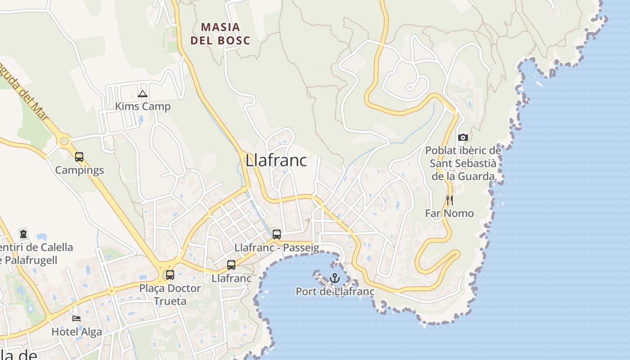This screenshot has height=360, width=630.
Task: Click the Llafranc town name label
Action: click(x=276, y=161)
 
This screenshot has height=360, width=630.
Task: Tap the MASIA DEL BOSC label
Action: click(x=220, y=34)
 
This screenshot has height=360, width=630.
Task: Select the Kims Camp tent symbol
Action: click(x=143, y=94)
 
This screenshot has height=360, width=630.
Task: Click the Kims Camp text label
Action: click(x=143, y=107)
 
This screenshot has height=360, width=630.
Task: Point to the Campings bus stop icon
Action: click(x=79, y=157)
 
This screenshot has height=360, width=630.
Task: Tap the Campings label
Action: click(x=79, y=170)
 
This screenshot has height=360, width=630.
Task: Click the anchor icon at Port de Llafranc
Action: click(x=334, y=278)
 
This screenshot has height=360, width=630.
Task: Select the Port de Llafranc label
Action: click(x=335, y=292)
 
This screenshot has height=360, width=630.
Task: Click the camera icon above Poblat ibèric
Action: click(x=463, y=137)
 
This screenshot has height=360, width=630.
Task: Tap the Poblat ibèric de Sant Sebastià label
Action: click(x=463, y=163)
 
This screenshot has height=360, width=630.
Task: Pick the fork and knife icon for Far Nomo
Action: click(x=449, y=200)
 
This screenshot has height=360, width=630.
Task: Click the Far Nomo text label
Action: click(x=449, y=213)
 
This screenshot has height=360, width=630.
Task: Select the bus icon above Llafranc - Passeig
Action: click(x=277, y=234)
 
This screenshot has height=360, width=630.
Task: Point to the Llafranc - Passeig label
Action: click(x=276, y=247)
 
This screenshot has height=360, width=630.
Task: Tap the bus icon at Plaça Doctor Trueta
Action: click(x=170, y=274)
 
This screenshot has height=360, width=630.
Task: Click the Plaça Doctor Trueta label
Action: click(x=170, y=294)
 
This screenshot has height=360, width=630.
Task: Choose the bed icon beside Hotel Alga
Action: click(x=76, y=318)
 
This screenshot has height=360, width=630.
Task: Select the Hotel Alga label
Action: click(x=76, y=332)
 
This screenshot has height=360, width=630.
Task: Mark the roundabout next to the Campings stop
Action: click(x=64, y=141)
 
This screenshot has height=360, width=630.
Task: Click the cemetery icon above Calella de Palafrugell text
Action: click(x=23, y=234)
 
